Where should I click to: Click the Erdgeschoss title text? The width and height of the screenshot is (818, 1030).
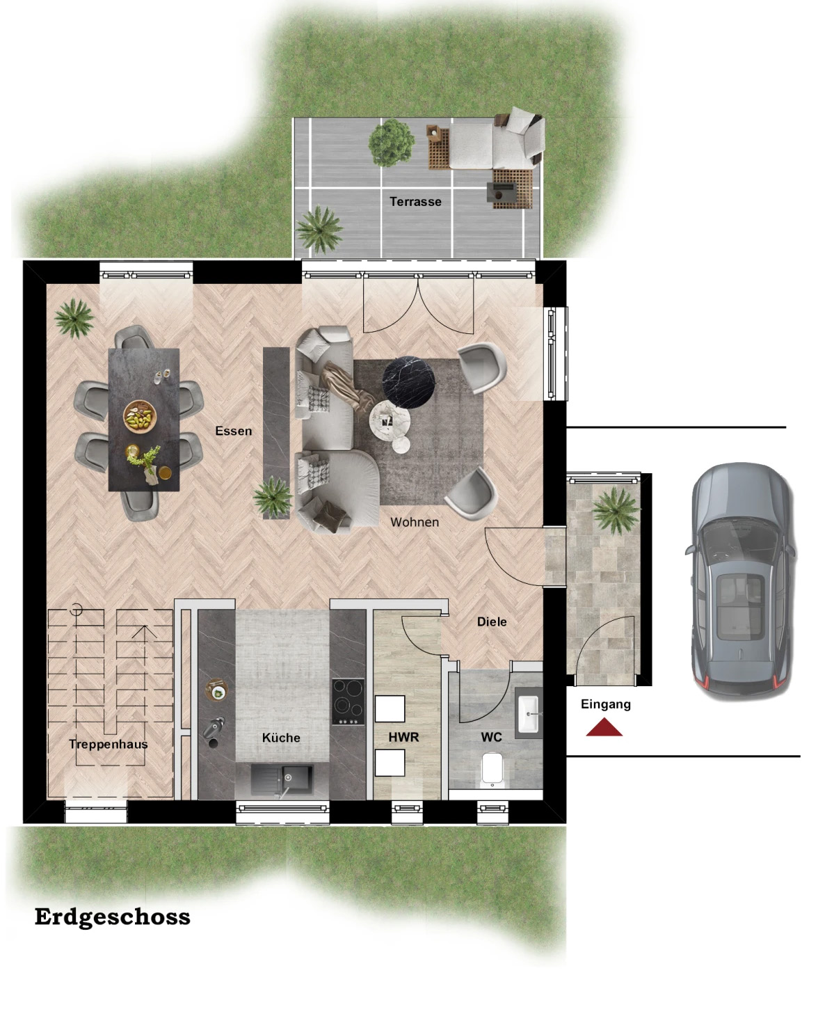point(113,917)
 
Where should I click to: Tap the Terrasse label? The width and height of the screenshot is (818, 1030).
point(415,202)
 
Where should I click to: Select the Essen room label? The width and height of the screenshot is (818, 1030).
point(234,431)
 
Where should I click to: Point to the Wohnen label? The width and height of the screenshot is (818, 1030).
point(415,522)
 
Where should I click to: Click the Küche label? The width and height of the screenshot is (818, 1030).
point(281,738)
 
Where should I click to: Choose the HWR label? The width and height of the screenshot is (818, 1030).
point(403,737)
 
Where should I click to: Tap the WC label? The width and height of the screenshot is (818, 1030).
point(491,737)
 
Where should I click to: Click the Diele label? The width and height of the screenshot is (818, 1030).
point(492,621)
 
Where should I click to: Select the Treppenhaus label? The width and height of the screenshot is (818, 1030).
point(108,744)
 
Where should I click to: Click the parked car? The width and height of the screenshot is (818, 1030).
point(741,579)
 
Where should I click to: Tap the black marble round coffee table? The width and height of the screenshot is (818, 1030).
point(408,381)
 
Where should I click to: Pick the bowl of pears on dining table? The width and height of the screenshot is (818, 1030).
point(140,416)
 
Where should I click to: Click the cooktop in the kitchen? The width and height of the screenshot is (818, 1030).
point(348,702)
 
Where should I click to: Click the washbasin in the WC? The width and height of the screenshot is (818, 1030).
point(528,713)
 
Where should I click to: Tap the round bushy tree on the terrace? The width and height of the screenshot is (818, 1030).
point(392,143)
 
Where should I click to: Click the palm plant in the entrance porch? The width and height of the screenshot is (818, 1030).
point(616,510)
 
